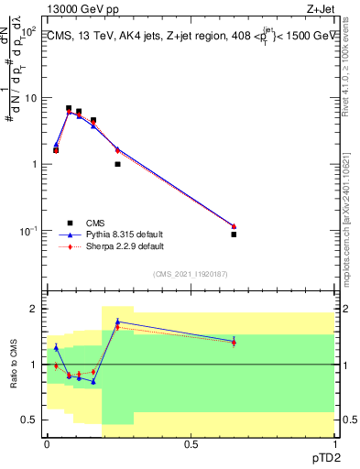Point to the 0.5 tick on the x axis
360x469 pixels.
click(x=191, y=443)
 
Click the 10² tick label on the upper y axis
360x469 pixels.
click(x=29, y=31)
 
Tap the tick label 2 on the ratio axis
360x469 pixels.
click(x=35, y=310)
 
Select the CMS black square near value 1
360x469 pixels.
click(x=117, y=164)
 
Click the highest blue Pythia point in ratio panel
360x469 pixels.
click(x=117, y=322)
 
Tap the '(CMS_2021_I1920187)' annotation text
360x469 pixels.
click(x=190, y=274)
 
